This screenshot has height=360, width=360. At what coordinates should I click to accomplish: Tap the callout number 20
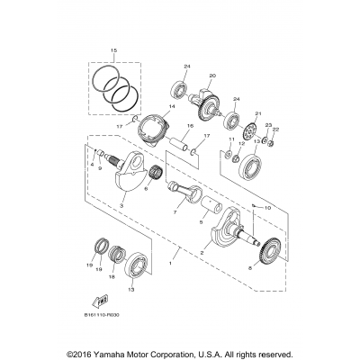212,76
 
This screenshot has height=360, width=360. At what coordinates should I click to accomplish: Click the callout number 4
93,165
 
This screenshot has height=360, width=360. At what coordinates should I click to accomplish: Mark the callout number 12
240,145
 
